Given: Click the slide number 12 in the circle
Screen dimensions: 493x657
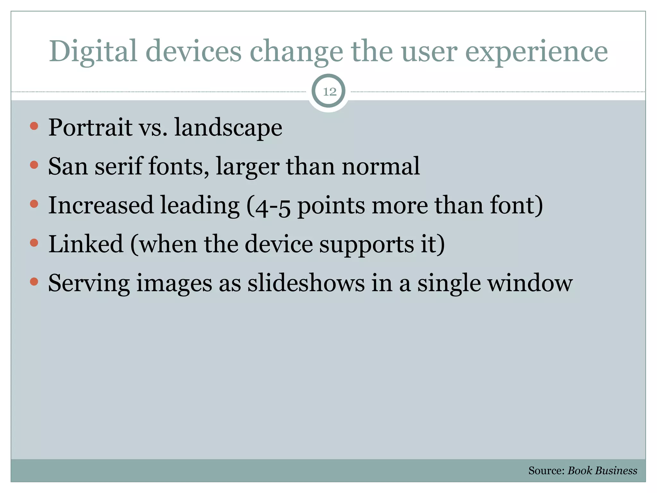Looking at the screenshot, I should [329, 92].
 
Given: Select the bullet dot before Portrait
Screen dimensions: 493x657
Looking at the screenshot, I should [34, 126].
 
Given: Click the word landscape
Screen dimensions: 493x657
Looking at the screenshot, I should [228, 128].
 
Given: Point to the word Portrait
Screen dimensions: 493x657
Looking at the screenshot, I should [90, 128].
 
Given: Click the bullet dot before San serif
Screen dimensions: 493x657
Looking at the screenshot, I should [34, 165].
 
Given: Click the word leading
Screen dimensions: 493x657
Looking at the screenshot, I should [200, 205].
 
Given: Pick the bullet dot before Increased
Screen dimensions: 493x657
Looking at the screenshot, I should [34, 204].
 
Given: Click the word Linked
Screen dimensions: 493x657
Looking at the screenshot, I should [86, 244].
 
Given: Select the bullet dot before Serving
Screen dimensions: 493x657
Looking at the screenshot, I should [34, 282].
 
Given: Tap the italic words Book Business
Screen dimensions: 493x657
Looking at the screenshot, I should [602, 471].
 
